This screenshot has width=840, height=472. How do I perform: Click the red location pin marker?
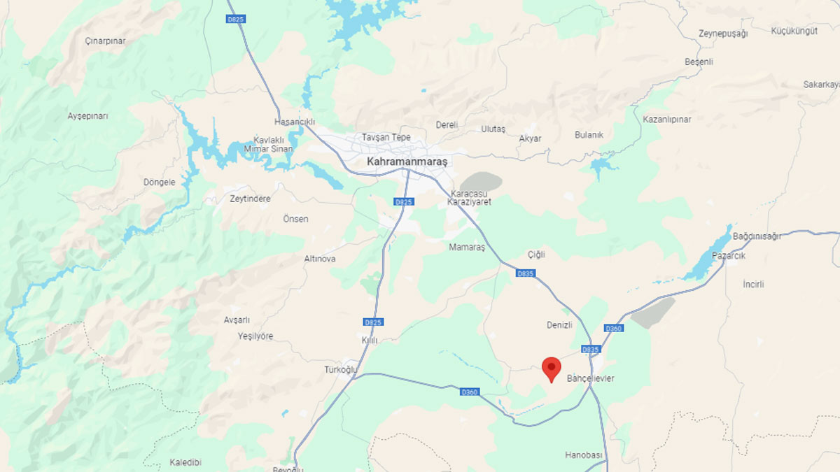click(552, 368)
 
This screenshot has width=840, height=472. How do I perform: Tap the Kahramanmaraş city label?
click(407, 161)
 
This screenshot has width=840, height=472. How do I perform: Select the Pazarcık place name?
click(729, 256)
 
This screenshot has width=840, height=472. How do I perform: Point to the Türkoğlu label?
click(341, 369)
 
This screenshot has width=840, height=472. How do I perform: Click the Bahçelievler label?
click(589, 378)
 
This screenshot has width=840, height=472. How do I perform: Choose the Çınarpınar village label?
click(105, 41)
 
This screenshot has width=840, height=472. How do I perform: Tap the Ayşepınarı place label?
click(88, 116)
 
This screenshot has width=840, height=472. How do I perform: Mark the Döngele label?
click(160, 182)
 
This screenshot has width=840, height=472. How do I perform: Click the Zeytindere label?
click(250, 199)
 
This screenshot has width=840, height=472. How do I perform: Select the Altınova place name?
click(320, 259)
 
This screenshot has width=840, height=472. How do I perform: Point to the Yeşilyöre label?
click(255, 336)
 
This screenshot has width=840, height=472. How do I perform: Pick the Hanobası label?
click(584, 455)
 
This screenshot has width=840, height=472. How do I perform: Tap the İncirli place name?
click(754, 285)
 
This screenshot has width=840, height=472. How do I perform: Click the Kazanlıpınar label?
click(667, 120)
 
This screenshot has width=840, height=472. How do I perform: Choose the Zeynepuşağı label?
click(724, 34)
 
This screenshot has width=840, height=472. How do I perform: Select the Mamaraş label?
click(467, 247)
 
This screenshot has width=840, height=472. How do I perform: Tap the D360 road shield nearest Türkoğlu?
click(469, 392)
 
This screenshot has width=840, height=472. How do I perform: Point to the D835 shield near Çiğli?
click(525, 273)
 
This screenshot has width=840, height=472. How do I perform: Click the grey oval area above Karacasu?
click(482, 183)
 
